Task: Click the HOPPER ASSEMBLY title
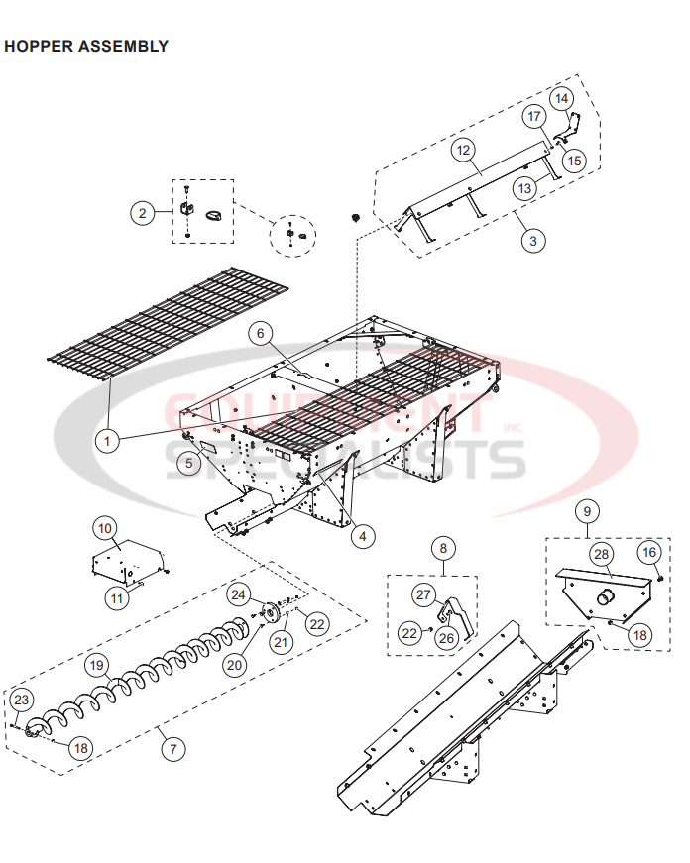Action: tap(86, 46)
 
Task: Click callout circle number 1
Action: tap(106, 436)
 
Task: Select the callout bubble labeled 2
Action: tap(143, 212)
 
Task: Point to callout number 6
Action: tap(261, 333)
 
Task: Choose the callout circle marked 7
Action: tap(173, 748)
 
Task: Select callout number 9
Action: tap(587, 511)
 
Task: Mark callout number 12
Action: tap(463, 150)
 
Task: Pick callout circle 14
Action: tap(561, 98)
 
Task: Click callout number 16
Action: tap(649, 552)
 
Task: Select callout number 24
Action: tap(238, 594)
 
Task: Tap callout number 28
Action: tap(601, 553)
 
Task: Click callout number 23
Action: tap(21, 700)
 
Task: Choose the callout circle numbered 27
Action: tap(424, 594)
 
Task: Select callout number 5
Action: tap(188, 461)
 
